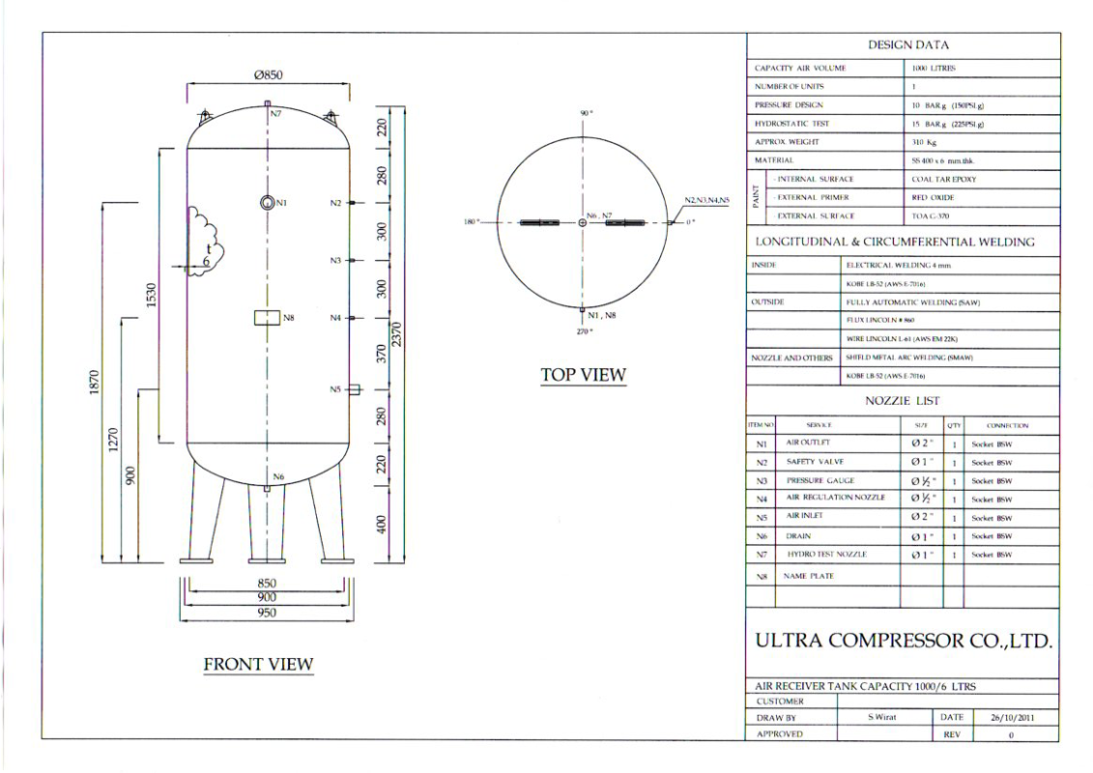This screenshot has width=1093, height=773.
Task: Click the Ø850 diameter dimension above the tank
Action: point(268,77)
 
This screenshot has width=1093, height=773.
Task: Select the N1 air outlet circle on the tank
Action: point(267,202)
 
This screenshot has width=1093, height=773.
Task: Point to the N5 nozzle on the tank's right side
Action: point(354,389)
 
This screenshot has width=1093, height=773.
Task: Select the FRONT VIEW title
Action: point(258,664)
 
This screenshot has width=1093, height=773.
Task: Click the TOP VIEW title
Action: point(583,375)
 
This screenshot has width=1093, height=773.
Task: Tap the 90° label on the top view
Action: point(585,113)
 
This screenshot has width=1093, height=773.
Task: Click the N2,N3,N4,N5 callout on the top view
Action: point(707,200)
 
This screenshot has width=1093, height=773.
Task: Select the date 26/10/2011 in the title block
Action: point(1011,717)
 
